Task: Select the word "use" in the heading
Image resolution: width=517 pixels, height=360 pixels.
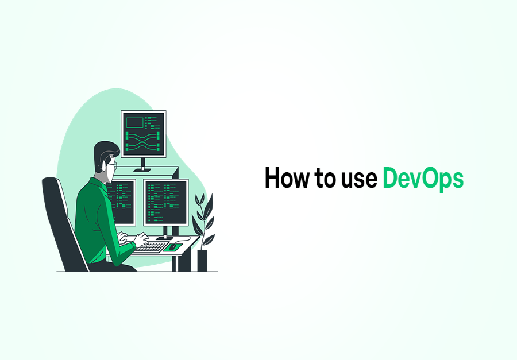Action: (x=360, y=180)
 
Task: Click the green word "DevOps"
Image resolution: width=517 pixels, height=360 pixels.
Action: (x=423, y=179)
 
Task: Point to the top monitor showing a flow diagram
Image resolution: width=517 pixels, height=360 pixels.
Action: (x=143, y=134)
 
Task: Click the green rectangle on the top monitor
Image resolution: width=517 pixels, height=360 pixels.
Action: (x=134, y=122)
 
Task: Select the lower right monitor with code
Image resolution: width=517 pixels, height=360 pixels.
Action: (x=166, y=202)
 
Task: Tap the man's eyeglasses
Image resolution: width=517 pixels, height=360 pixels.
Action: (x=113, y=165)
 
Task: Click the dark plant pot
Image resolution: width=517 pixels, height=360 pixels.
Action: (x=202, y=260)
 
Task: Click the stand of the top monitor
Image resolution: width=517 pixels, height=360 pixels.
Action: (x=143, y=165)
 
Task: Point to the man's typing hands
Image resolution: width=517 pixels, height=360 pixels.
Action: (x=140, y=239)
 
